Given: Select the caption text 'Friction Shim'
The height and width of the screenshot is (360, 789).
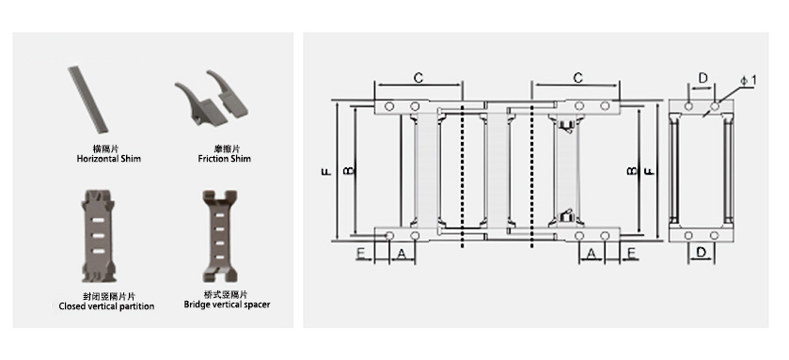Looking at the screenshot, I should pyautogui.click(x=225, y=159).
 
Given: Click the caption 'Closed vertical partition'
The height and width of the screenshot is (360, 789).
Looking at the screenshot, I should pyautogui.click(x=106, y=306).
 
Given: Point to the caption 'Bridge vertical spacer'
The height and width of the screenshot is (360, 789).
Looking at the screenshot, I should pyautogui.click(x=227, y=305).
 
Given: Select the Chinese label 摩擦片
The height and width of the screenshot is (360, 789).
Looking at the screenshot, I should pyautogui.click(x=225, y=149).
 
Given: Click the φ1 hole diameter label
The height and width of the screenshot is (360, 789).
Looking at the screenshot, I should pyautogui.click(x=748, y=82).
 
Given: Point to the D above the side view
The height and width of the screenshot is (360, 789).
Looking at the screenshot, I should pyautogui.click(x=702, y=77).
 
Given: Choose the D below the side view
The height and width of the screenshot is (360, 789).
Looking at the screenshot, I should pyautogui.click(x=702, y=252).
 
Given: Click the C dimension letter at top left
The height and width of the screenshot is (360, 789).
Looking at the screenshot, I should pyautogui.click(x=418, y=77).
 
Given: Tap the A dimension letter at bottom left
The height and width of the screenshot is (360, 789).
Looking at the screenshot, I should pyautogui.click(x=402, y=254).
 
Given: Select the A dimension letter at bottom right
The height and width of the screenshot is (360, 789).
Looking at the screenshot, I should pyautogui.click(x=592, y=254).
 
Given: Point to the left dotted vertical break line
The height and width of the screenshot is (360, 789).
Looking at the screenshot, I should pyautogui.click(x=463, y=169).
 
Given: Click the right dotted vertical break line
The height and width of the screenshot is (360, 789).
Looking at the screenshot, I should pyautogui.click(x=532, y=169).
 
